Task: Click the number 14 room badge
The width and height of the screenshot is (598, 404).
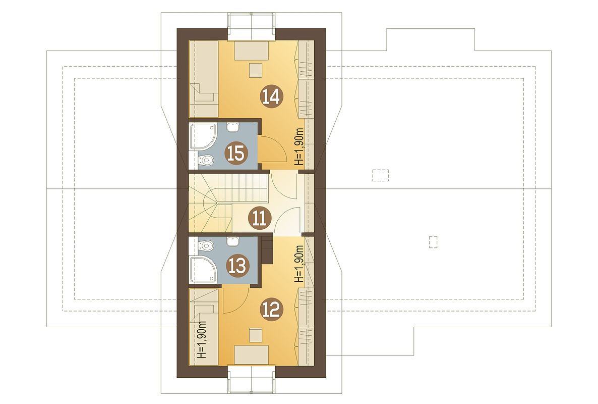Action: click(271, 96)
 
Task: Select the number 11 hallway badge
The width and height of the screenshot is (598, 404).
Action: click(259, 219)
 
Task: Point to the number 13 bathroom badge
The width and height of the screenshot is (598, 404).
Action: click(237, 266)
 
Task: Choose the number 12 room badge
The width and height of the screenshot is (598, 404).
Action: click(272, 310)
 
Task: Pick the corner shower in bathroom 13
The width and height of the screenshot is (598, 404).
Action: click(201, 270)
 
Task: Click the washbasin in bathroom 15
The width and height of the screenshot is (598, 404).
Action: click(232, 127)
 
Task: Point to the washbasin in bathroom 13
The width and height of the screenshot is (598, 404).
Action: click(232, 241)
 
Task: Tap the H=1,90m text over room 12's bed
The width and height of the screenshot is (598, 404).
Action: click(202, 339)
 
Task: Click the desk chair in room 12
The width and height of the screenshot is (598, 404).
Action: click(256, 335)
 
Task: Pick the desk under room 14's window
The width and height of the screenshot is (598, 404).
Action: click(251, 50)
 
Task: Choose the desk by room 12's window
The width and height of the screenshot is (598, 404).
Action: click(251, 355)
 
